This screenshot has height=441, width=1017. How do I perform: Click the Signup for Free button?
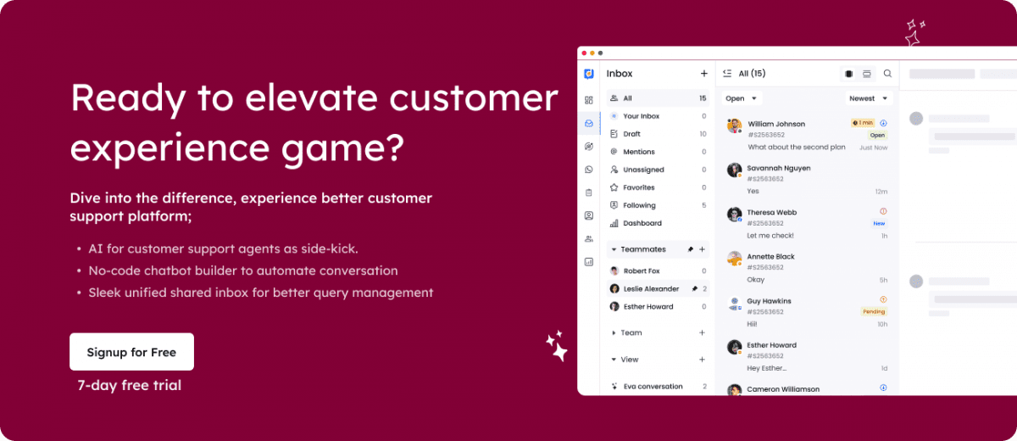[131, 352]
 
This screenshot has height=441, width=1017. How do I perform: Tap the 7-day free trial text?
[129, 386]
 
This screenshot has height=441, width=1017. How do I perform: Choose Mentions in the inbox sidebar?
[639, 152]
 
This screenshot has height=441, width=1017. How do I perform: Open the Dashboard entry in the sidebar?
[642, 223]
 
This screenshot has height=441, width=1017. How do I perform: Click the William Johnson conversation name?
[776, 124]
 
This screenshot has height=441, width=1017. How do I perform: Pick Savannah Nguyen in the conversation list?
[778, 168]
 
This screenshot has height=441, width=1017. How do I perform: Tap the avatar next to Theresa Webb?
[734, 214]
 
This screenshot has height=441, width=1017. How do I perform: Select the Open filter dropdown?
[742, 98]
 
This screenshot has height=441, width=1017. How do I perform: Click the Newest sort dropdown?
[870, 98]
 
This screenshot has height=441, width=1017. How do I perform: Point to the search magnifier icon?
[887, 74]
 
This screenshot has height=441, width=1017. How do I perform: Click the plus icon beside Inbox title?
[703, 74]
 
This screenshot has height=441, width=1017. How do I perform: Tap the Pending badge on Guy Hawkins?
[874, 311]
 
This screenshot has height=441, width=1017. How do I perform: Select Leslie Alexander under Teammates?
[651, 288]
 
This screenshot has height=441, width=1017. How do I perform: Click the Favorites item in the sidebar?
[639, 187]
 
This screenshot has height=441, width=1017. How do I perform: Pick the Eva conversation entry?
[653, 387]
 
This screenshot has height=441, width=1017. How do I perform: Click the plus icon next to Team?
[702, 332]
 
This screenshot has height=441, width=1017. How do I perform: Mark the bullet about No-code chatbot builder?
[242, 271]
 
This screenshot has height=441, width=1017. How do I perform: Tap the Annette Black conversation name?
[770, 256]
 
